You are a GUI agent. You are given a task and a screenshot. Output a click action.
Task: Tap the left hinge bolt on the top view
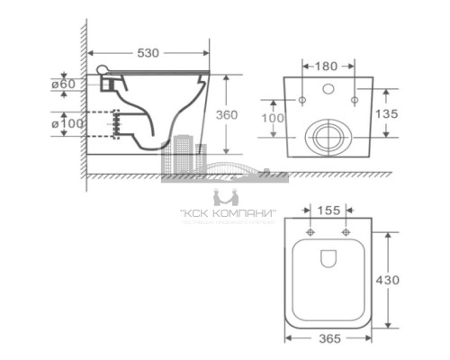(x=310, y=233)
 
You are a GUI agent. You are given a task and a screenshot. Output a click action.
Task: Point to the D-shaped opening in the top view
(x=328, y=259)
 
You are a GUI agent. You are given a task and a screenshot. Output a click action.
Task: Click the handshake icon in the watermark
(x=226, y=197)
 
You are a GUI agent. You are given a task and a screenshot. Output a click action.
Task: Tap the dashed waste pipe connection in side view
(x=114, y=124)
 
